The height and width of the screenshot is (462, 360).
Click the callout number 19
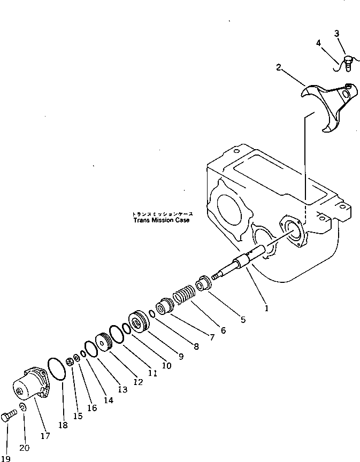pos(5,458)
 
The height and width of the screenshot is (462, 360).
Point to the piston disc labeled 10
pos(140,322)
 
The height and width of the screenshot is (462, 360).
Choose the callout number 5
pos(243,320)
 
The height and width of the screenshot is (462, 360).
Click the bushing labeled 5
pos(203,283)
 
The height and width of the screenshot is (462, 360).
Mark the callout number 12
pos(138,382)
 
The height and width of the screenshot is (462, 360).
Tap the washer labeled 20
pos(23,409)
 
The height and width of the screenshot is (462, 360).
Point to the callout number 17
pos(45,436)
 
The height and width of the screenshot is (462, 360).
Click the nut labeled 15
pos(70,364)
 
